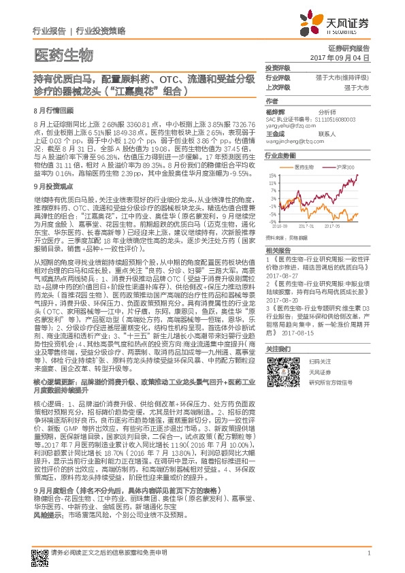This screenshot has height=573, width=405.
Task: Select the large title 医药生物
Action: click(x=62, y=54)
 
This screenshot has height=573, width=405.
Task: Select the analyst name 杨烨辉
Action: click(x=275, y=111)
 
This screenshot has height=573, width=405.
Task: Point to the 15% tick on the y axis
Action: click(x=272, y=175)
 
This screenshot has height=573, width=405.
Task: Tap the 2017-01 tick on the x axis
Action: click(x=305, y=225)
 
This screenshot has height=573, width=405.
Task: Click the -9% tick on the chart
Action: click(x=272, y=221)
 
